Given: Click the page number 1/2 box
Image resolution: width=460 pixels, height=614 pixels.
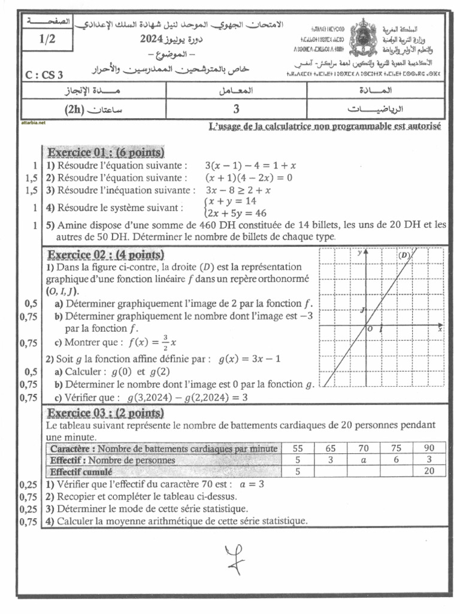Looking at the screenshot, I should (x=46, y=41).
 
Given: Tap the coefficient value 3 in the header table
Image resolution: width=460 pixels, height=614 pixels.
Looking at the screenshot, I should (x=236, y=109).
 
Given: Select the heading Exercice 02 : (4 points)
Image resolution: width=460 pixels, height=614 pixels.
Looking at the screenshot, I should (x=105, y=254).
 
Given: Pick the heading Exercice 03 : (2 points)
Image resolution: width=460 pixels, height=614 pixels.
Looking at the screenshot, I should (x=105, y=413).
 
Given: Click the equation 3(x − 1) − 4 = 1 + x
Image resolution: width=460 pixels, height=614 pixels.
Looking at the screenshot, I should (x=251, y=165).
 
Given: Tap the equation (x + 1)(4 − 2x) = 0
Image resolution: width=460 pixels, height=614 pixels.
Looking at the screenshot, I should (x=248, y=177).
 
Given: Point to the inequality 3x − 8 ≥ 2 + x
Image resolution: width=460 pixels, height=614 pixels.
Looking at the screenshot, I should (x=238, y=190).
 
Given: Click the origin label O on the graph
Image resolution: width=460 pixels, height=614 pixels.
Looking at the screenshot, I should (x=370, y=329).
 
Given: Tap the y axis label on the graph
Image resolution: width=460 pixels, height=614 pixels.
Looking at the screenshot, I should (x=359, y=253).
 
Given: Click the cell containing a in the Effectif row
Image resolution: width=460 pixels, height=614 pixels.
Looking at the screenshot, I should (x=363, y=460).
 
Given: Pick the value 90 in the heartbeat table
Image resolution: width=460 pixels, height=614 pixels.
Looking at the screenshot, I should (x=429, y=449).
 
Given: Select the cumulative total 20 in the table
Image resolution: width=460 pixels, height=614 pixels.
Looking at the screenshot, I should (x=429, y=471).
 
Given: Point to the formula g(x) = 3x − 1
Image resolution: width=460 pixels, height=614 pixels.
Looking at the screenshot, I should (x=250, y=359).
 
